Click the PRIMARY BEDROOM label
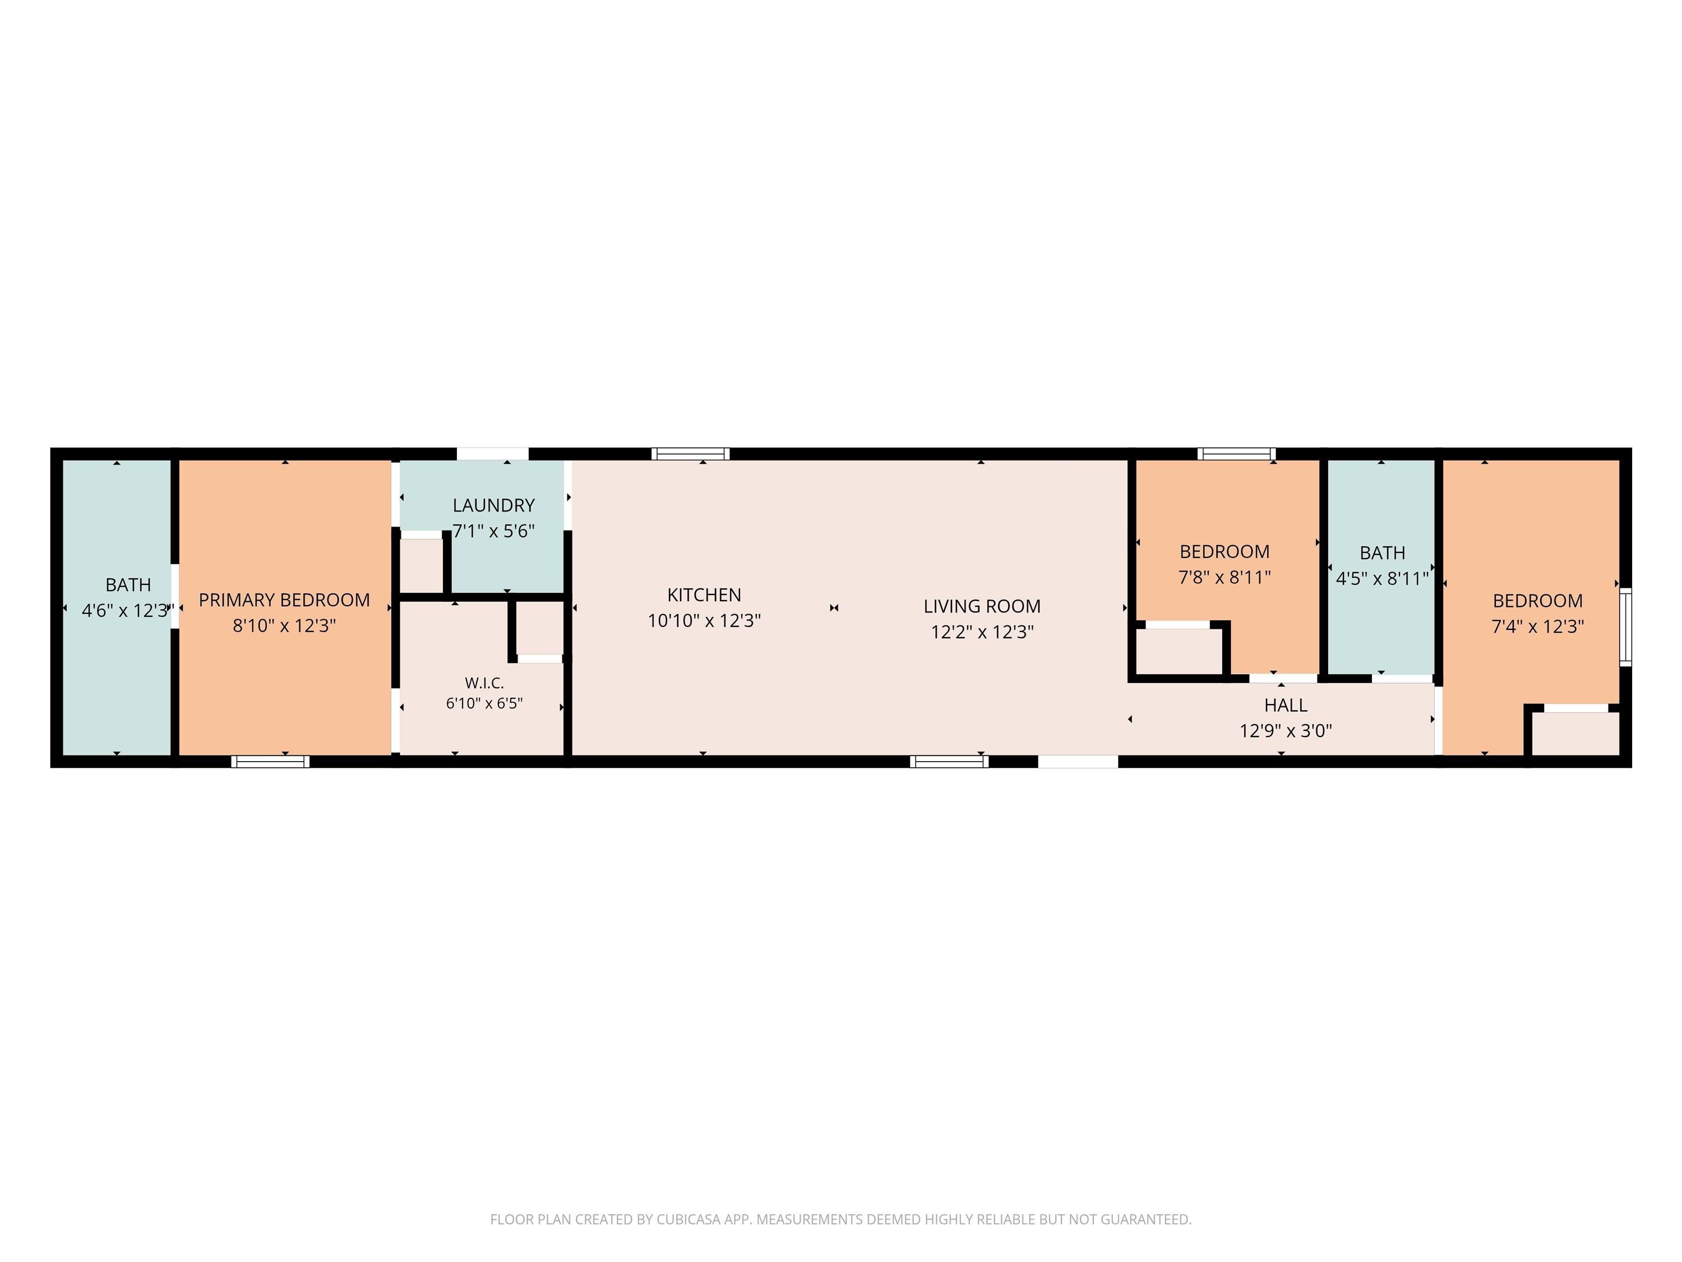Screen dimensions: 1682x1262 (x=284, y=600)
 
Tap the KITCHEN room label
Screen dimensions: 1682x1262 (x=704, y=595)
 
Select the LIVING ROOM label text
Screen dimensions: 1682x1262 (x=982, y=606)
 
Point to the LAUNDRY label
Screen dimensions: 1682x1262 (x=493, y=505)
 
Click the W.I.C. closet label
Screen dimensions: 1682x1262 (x=484, y=683)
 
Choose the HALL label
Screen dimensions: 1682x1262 (x=1286, y=705)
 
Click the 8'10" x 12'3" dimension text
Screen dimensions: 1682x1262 (x=284, y=625)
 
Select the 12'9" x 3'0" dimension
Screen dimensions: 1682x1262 (x=1286, y=731)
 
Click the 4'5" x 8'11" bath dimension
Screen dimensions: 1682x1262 (x=1383, y=579)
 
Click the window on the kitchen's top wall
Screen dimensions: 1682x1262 (x=690, y=454)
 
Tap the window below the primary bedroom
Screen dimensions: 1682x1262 (x=271, y=762)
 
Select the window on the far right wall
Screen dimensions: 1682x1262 (x=1626, y=627)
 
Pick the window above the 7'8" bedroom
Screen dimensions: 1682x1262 (x=1236, y=454)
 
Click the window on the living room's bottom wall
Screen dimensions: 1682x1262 (x=949, y=762)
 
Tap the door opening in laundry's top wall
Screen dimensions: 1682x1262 (x=493, y=454)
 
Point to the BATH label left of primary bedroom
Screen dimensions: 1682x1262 (x=128, y=585)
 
